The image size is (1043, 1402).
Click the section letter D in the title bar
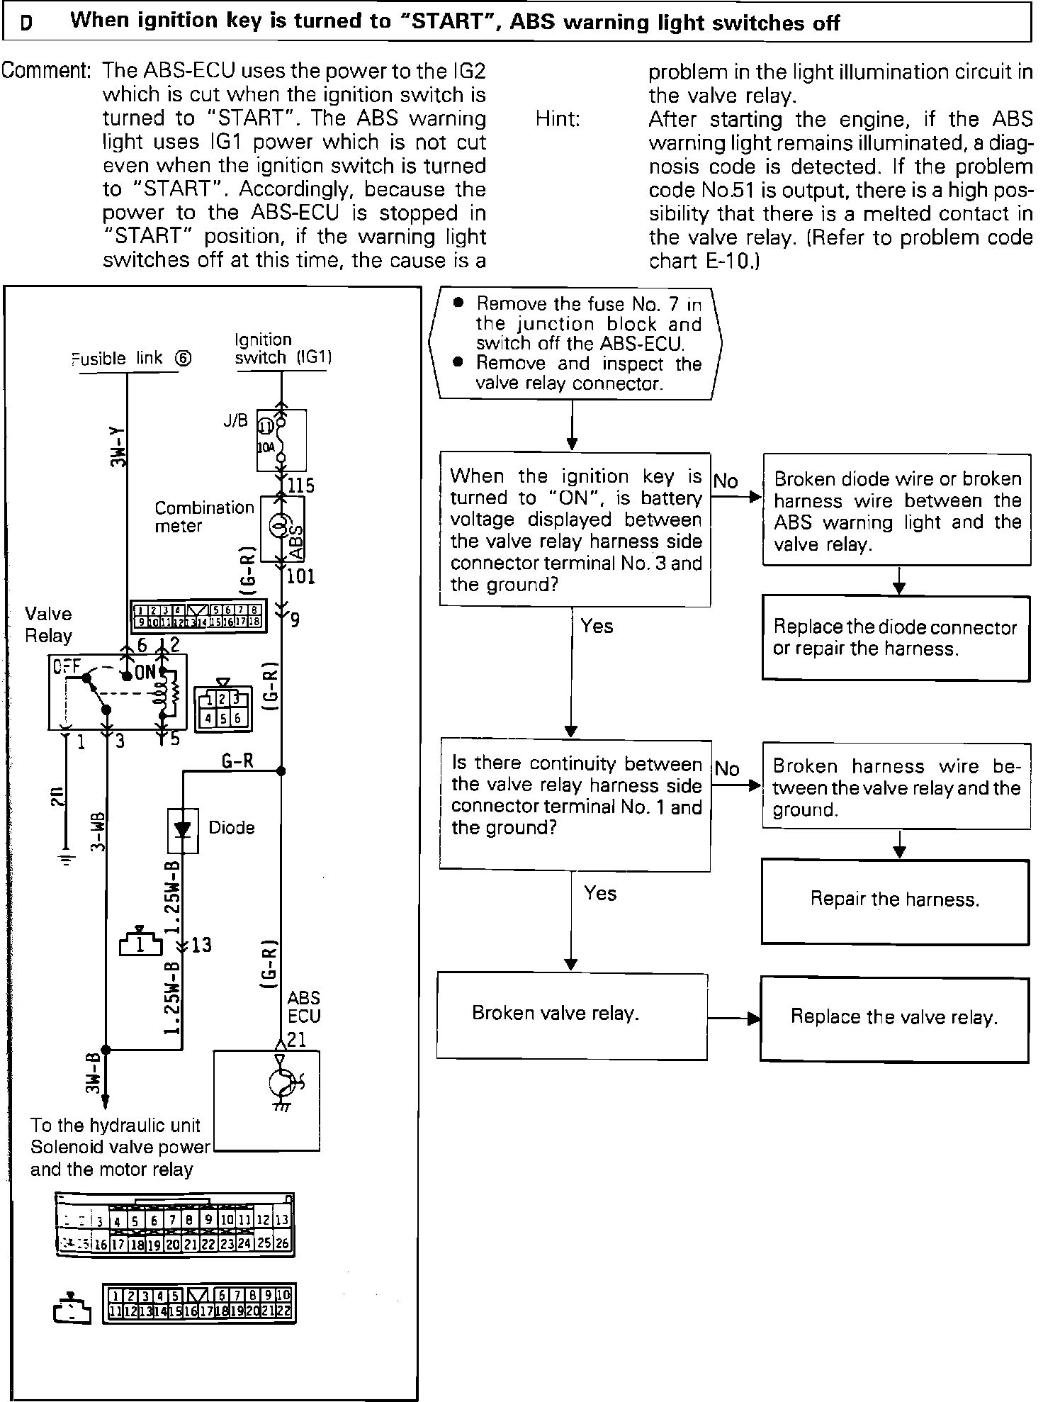pos(26,23)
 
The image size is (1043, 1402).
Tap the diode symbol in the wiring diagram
pos(184,829)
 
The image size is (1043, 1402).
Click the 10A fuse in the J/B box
pos(281,439)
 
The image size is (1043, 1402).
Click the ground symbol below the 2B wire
pos(66,860)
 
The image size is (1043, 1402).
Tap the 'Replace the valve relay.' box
pos(894,1018)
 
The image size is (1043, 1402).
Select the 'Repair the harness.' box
pos(895,901)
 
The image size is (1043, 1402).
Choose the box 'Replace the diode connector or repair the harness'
pos(896,638)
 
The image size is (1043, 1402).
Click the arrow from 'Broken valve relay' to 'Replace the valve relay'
pos(734,1019)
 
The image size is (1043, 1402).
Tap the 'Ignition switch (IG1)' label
pos(283,349)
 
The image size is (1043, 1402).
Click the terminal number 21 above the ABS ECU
pos(297,1040)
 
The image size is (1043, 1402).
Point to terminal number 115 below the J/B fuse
pos(300,486)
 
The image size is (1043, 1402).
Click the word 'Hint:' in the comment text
pos(558,119)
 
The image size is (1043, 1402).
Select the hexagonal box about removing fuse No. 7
pos(575,344)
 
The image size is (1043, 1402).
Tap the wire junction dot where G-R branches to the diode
pos(281,770)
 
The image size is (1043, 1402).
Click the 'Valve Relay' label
pos(48,624)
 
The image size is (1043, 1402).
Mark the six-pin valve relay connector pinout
pos(222,707)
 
